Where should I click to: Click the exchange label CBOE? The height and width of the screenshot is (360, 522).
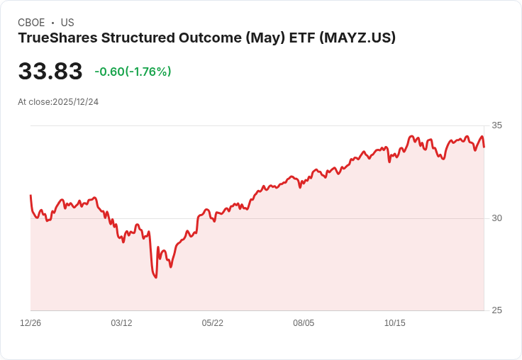click(31, 23)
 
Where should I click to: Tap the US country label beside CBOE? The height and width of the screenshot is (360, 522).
click(67, 23)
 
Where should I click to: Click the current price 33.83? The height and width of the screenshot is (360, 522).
click(50, 72)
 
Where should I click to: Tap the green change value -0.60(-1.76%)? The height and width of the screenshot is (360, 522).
click(133, 72)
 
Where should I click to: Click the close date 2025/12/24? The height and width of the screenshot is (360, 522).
click(76, 102)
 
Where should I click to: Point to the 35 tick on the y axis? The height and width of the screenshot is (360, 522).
click(496, 125)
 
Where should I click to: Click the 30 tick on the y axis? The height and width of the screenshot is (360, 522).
click(496, 218)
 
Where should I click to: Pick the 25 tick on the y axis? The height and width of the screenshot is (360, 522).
click(496, 310)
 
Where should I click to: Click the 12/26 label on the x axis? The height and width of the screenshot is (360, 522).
click(30, 323)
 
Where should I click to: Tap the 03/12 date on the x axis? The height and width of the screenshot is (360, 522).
click(121, 323)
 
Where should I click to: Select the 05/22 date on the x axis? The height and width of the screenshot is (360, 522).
click(213, 323)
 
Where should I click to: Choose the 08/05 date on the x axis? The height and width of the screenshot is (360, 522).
click(304, 323)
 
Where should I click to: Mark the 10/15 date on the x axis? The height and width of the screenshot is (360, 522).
click(394, 323)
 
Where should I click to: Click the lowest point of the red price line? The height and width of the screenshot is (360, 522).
click(155, 277)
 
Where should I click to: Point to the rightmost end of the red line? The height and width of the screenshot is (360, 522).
click(484, 147)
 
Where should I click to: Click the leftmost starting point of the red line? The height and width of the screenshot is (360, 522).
click(30, 195)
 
